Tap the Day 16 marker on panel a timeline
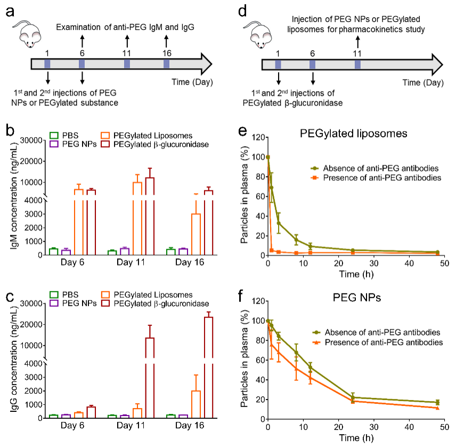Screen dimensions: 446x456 click(x=167, y=64)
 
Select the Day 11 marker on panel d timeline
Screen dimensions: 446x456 click(x=357, y=64)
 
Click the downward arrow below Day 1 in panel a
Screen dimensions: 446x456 click(x=48, y=78)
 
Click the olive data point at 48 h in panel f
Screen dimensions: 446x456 click(x=437, y=402)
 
